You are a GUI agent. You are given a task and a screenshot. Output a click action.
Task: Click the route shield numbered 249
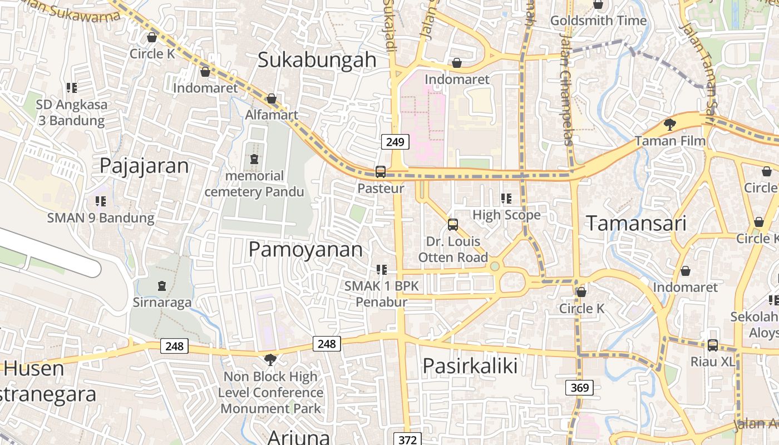(395, 142)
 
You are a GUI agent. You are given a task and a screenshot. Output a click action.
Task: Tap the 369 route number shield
(579, 387)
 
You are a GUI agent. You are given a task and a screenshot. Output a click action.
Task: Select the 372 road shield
(407, 439)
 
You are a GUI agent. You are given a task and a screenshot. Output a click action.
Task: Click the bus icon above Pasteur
(381, 171)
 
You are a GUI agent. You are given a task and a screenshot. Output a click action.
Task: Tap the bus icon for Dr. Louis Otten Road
(453, 225)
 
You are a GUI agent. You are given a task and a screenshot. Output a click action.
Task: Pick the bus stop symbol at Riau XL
(712, 345)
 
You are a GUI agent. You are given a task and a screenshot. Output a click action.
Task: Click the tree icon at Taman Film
(670, 125)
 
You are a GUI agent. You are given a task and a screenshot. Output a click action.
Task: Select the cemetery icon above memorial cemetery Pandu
(254, 159)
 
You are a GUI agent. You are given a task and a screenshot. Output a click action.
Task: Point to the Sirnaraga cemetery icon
(162, 286)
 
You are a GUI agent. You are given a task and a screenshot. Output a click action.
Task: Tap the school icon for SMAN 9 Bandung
(101, 201)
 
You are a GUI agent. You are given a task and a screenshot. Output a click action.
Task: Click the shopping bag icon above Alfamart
(272, 98)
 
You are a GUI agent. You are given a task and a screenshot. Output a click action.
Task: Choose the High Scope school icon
(506, 198)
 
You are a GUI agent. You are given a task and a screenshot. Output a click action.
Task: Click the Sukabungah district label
(317, 60)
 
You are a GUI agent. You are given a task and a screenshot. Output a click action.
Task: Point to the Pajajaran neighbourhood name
(144, 166)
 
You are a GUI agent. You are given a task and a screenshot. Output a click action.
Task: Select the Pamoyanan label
(305, 249)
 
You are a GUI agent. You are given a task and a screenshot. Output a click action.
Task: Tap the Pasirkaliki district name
(470, 365)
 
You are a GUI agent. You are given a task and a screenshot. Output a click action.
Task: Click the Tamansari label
(637, 223)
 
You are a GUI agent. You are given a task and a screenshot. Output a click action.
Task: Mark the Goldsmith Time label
(598, 21)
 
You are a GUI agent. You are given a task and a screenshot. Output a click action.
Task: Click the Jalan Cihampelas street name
(566, 89)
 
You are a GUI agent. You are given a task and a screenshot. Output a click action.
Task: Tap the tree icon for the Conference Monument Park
(270, 359)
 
